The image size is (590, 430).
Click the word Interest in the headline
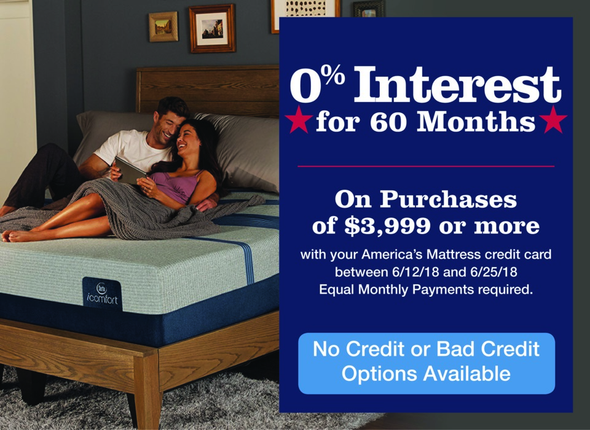[x=457, y=84]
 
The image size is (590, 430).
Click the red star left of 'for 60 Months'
[x=299, y=119]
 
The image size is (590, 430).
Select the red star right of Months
[x=553, y=119]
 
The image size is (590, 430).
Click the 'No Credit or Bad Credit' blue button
[x=427, y=363]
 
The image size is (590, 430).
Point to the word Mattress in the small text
[x=454, y=254]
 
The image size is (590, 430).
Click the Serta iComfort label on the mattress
[x=103, y=294]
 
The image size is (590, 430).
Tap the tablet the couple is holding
[x=130, y=171]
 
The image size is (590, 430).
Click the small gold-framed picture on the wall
[x=163, y=26]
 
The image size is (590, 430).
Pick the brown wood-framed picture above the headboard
[x=212, y=29]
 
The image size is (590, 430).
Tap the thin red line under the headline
[x=426, y=166]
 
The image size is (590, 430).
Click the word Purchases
[x=448, y=200]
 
